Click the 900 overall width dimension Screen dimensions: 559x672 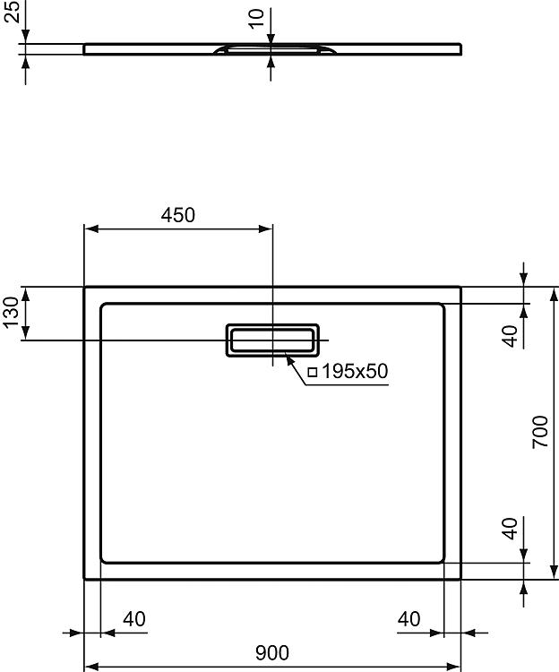pyautogui.click(x=272, y=652)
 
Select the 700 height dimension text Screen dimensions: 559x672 pyautogui.click(x=540, y=432)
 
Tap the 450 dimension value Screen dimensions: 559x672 pyautogui.click(x=177, y=215)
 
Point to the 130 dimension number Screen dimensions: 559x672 pyautogui.click(x=11, y=312)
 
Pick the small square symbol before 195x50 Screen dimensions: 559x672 pyautogui.click(x=313, y=372)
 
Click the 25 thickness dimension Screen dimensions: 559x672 pyautogui.click(x=13, y=11)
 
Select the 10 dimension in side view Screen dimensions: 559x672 pyautogui.click(x=256, y=19)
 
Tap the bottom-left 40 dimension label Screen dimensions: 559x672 pyautogui.click(x=134, y=619)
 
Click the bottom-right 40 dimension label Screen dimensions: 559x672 pyautogui.click(x=408, y=619)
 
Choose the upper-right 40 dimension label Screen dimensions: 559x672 pyautogui.click(x=510, y=336)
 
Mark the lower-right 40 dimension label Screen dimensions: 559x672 pyautogui.click(x=510, y=528)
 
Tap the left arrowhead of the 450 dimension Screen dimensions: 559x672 pyautogui.click(x=91, y=229)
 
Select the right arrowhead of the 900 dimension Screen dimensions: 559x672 pyautogui.click(x=453, y=667)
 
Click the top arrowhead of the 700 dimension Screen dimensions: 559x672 pyautogui.click(x=554, y=294)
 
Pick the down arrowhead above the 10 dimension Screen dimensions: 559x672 pyautogui.click(x=271, y=37)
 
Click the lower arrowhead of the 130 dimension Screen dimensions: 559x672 pyautogui.click(x=26, y=333)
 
